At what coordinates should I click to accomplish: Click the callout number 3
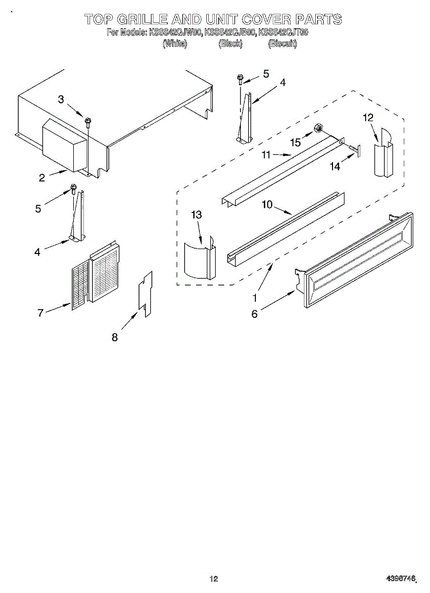point(61,99)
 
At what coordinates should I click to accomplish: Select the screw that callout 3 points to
point(88,120)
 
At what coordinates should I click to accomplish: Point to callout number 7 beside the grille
point(41,312)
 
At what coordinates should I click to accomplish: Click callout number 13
point(196,215)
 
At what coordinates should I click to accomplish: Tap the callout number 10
point(267,205)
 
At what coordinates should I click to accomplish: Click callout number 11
point(266,155)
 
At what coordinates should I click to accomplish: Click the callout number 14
point(335,167)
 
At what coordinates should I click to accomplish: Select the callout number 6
point(254,314)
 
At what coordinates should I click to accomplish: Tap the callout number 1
point(255,298)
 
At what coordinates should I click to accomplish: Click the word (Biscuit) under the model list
point(282,44)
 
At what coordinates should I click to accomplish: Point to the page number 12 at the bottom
point(214,579)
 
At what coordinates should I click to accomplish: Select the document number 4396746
point(401,579)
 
